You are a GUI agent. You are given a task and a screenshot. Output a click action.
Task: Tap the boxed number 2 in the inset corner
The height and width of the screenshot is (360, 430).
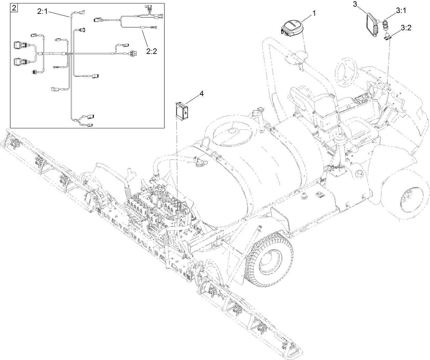tap(14, 8)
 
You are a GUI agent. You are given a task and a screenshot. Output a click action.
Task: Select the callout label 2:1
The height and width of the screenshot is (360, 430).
tap(43, 11)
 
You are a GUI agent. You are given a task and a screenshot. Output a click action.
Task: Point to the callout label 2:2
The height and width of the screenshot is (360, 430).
tap(151, 51)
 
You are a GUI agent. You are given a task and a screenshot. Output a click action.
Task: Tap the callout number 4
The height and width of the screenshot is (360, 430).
tap(201, 93)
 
